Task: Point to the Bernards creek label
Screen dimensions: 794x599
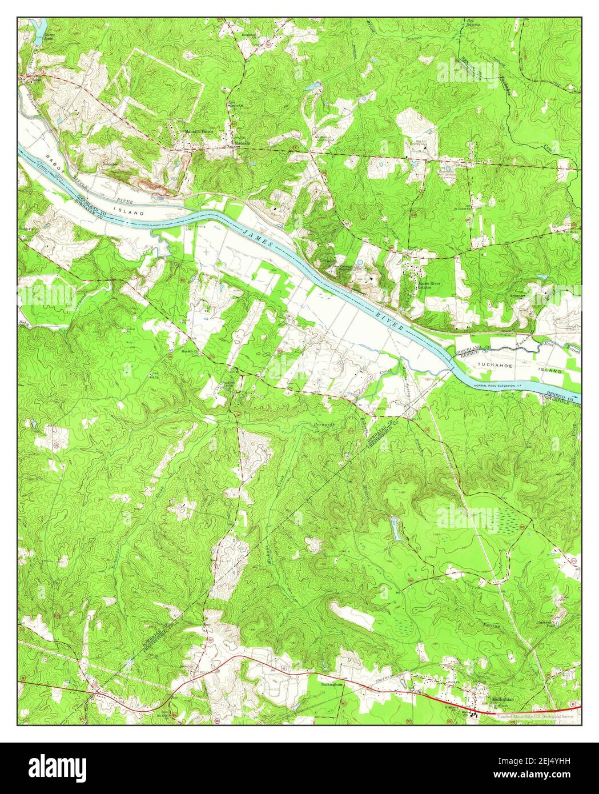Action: tap(323, 426)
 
